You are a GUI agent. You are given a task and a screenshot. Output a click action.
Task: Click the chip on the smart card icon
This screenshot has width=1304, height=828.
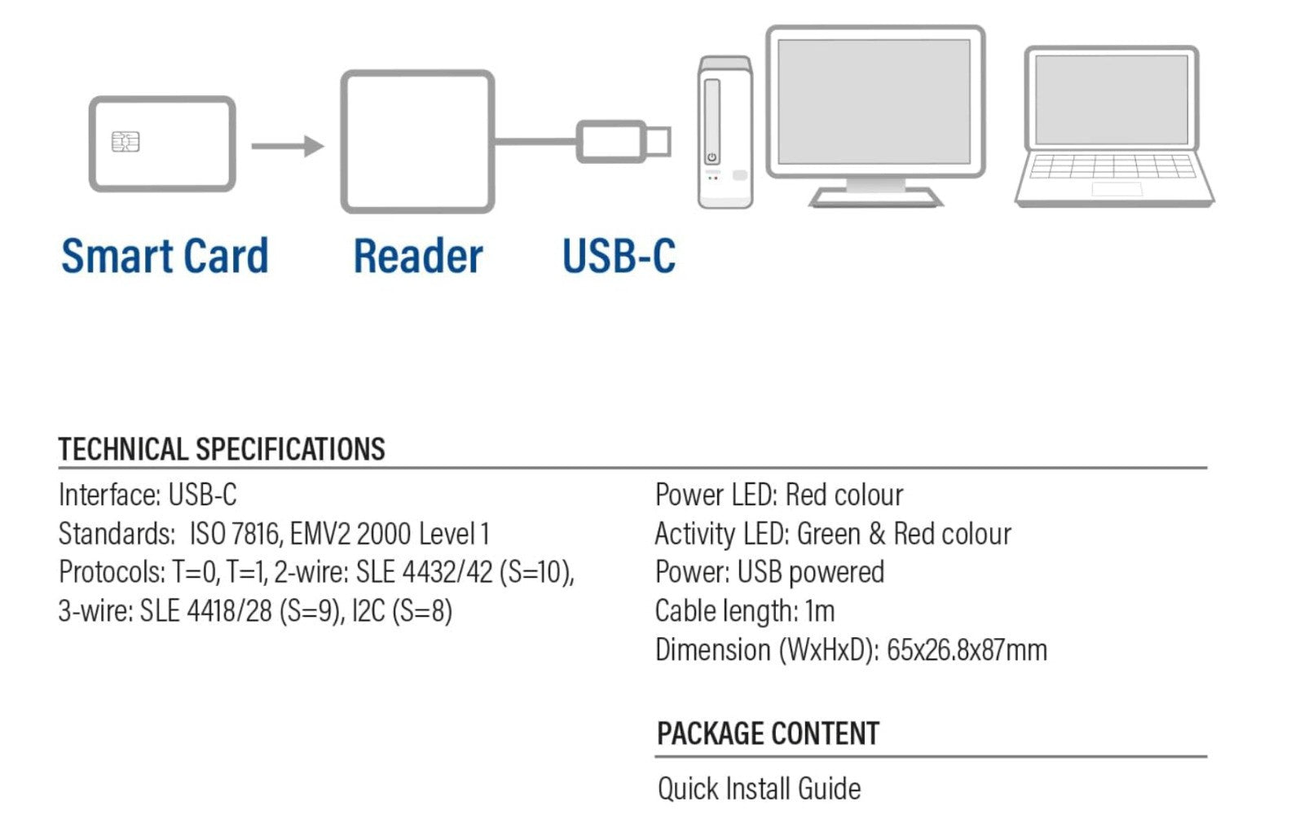pyautogui.click(x=126, y=142)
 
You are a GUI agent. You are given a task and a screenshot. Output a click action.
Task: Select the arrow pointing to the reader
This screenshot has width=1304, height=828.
pyautogui.click(x=287, y=146)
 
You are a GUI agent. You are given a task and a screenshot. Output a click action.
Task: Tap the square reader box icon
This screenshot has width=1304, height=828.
pyautogui.click(x=417, y=142)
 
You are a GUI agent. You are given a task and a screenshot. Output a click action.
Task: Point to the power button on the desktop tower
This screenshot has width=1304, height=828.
pyautogui.click(x=711, y=157)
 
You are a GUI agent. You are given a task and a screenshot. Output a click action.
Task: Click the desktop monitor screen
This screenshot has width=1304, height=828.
pyautogui.click(x=874, y=100)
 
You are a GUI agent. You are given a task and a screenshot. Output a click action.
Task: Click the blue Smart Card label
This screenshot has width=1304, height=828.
pyautogui.click(x=165, y=256)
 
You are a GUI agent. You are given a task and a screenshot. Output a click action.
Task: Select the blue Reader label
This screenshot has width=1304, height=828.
pyautogui.click(x=417, y=256)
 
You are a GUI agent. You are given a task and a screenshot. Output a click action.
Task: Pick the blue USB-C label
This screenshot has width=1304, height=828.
pyautogui.click(x=619, y=256)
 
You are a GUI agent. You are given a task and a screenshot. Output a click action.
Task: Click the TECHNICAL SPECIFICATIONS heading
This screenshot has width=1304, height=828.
pyautogui.click(x=222, y=449)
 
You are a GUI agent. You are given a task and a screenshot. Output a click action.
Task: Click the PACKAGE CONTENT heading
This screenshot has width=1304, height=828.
pyautogui.click(x=768, y=733)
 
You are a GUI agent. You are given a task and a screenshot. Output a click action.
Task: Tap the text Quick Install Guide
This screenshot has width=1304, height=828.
pyautogui.click(x=759, y=788)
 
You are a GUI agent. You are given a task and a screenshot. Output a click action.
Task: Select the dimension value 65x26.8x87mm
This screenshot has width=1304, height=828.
pyautogui.click(x=967, y=650)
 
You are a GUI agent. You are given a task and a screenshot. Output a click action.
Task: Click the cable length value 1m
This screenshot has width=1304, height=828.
pyautogui.click(x=819, y=610)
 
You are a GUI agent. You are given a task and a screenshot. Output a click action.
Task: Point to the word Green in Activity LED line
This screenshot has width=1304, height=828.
pyautogui.click(x=828, y=534)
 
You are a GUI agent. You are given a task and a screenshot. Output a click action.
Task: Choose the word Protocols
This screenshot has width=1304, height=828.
pyautogui.click(x=111, y=572)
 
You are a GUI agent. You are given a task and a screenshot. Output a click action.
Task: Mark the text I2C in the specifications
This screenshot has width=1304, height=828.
pyautogui.click(x=368, y=610)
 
